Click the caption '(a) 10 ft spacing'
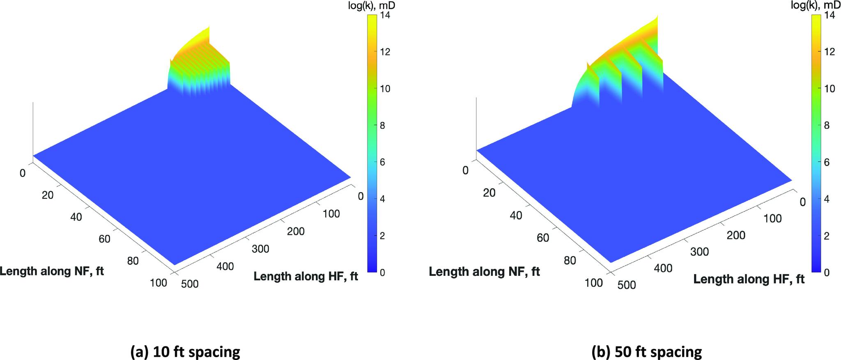tap(185, 352)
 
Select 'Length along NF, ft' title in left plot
tap(52, 271)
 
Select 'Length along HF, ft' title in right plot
tap(749, 279)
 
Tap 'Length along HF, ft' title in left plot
tap(306, 276)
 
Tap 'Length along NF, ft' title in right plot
tap(484, 272)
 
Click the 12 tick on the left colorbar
tap(385, 52)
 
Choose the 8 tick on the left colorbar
tap(382, 126)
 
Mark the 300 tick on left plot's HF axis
tap(260, 249)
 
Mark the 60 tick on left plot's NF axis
tap(104, 238)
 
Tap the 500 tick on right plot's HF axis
tap(626, 284)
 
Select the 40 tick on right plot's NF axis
tap(515, 215)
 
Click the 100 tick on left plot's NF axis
tap(159, 283)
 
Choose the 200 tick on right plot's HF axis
tap(736, 235)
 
